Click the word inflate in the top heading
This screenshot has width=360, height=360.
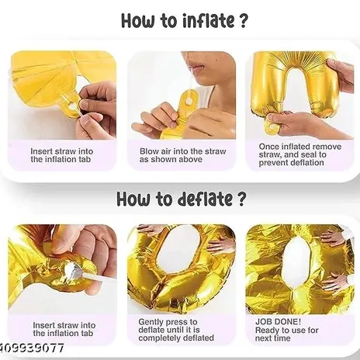[208, 20]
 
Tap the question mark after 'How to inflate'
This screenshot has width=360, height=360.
[243, 20]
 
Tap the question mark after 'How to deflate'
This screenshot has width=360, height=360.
[241, 199]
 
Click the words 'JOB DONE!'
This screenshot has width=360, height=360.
[278, 322]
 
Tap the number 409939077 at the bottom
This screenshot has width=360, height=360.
[32, 348]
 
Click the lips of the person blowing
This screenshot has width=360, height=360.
[197, 67]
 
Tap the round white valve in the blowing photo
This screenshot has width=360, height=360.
[190, 101]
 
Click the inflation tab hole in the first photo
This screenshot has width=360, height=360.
[73, 106]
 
